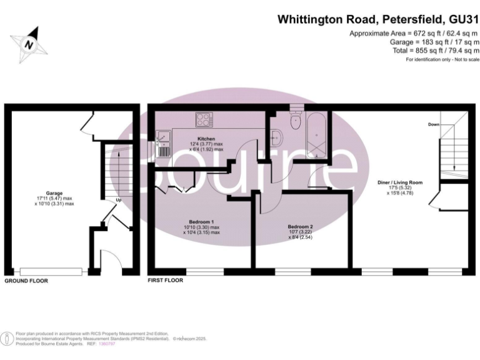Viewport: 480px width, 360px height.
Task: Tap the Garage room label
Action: [54, 193]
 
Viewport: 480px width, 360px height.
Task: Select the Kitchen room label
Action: [206, 138]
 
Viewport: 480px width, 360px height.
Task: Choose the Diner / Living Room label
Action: [400, 182]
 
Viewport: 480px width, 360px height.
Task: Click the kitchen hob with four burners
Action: [204, 119]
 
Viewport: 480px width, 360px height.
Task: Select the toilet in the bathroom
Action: [296, 118]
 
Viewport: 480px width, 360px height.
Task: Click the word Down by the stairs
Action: [434, 124]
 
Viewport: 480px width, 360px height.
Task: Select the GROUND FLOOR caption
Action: [26, 281]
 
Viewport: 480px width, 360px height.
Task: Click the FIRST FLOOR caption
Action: [165, 281]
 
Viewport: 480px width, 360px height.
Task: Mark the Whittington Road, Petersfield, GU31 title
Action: [378, 19]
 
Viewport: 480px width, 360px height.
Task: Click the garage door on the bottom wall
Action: [51, 271]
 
